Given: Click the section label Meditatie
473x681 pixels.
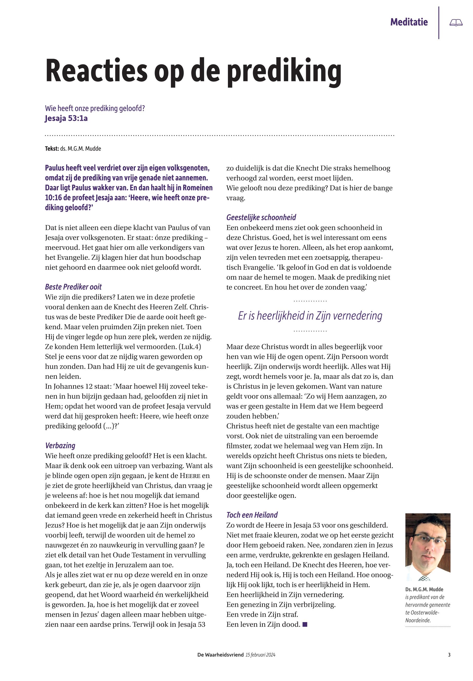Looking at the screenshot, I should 409,22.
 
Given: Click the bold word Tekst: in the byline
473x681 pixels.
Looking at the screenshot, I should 52,148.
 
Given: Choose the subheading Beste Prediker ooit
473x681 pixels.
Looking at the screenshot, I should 73,287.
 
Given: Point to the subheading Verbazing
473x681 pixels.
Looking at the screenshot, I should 60,445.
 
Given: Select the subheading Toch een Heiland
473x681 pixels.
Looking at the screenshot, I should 252,515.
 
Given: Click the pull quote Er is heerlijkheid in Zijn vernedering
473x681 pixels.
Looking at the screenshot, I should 310,315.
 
